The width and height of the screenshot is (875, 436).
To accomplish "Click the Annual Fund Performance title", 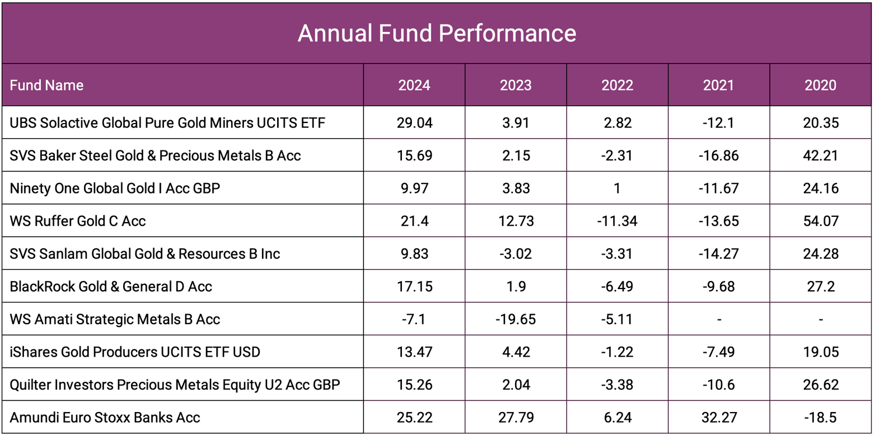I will point(437,33).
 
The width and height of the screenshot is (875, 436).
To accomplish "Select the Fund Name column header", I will point(47,85).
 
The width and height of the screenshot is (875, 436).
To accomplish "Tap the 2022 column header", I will point(617,85).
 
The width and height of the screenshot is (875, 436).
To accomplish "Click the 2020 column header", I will point(820,85).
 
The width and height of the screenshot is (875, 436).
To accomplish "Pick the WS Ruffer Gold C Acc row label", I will point(78,221).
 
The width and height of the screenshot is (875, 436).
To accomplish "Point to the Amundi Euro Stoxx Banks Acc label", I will point(105,417).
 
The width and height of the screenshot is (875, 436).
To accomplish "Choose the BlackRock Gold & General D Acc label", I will point(111,286).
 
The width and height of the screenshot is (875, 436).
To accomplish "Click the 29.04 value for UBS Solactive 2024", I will point(414,122).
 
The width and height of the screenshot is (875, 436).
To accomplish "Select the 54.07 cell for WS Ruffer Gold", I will point(820,221).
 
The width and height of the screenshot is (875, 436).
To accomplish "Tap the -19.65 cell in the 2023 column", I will point(516,319).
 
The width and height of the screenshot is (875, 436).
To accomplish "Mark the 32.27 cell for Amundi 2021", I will point(719,417).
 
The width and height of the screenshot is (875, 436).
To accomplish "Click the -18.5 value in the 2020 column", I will point(820,417).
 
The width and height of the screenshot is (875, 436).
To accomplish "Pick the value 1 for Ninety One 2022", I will point(617,188).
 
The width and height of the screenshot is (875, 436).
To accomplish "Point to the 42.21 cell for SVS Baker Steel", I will point(820,156).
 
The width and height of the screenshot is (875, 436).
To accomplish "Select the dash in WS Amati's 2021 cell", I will point(719,319).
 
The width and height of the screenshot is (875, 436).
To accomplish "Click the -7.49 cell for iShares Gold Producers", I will point(719,352).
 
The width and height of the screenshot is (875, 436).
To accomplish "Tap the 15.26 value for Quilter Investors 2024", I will point(414,385).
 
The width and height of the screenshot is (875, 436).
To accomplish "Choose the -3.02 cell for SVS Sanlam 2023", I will point(516,254).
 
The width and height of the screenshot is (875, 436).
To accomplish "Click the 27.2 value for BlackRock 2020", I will point(820,286).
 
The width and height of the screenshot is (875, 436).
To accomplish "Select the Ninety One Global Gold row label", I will point(115,188).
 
